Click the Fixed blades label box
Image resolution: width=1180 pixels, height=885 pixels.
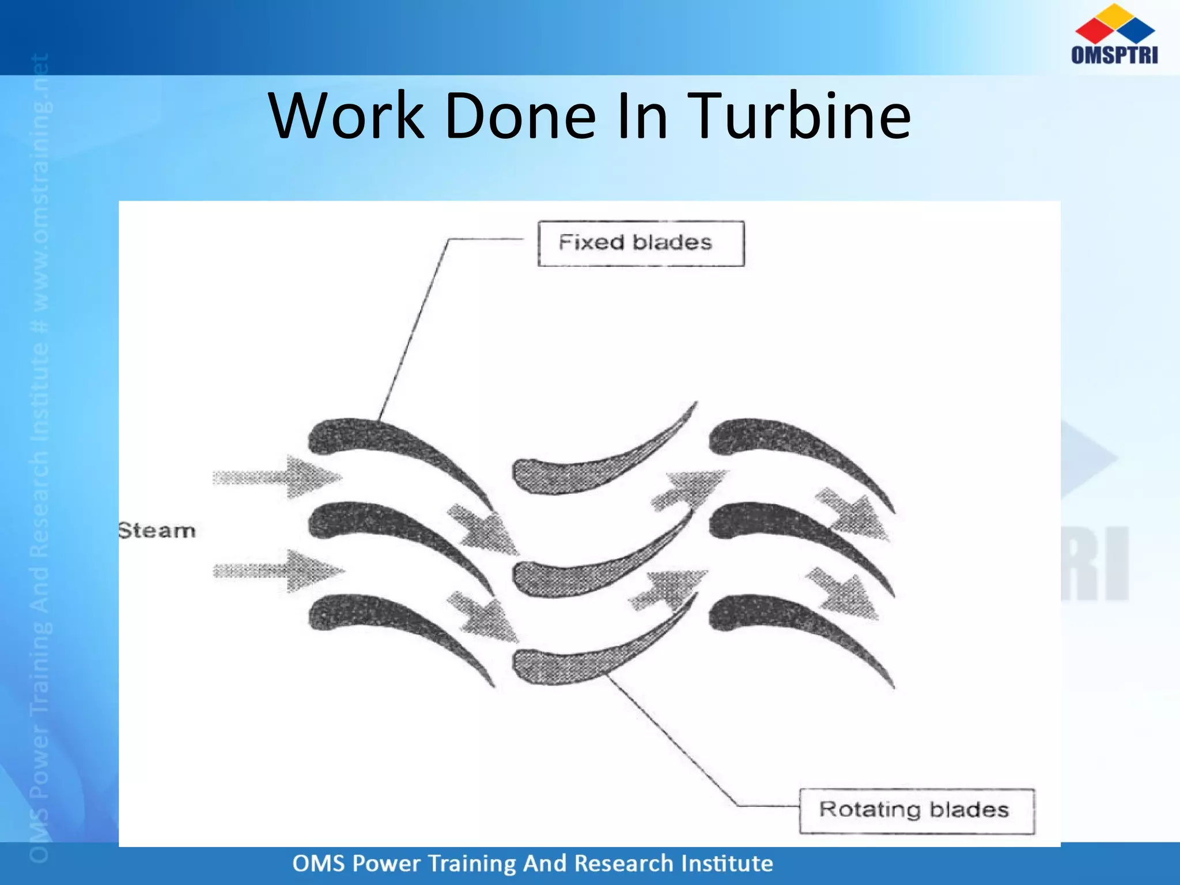(641, 243)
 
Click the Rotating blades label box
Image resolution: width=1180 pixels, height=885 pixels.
(916, 811)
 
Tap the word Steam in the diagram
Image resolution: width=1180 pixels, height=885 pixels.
(157, 531)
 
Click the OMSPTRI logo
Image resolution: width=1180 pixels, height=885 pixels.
(1114, 35)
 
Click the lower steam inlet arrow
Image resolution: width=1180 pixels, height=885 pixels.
(279, 571)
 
